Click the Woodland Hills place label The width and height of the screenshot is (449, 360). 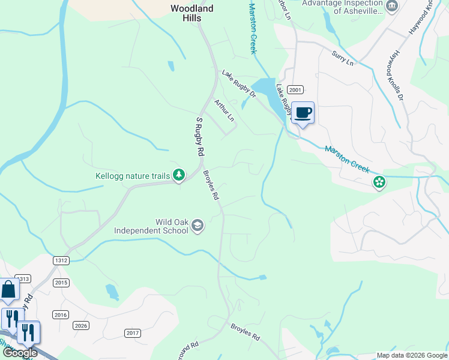pyautogui.click(x=191, y=13)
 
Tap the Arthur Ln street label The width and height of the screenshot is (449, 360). pyautogui.click(x=223, y=110)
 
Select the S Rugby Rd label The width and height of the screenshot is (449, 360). pyautogui.click(x=199, y=137)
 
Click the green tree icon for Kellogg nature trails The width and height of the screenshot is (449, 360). pyautogui.click(x=178, y=175)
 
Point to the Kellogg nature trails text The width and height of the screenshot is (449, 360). pyautogui.click(x=132, y=176)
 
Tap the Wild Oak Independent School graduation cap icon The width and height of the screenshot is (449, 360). pyautogui.click(x=197, y=226)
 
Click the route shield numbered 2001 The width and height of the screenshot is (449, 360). pyautogui.click(x=295, y=89)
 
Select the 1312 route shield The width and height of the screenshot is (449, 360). pyautogui.click(x=61, y=260)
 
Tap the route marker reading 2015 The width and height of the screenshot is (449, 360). pyautogui.click(x=61, y=282)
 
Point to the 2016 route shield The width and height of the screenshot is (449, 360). pyautogui.click(x=61, y=314)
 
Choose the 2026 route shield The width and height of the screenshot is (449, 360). pyautogui.click(x=81, y=325)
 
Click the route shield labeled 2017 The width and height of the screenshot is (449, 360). pyautogui.click(x=133, y=332)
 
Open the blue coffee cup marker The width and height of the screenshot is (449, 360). pyautogui.click(x=303, y=112)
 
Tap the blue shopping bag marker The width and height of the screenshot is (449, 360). pyautogui.click(x=9, y=290)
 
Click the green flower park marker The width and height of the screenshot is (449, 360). pyautogui.click(x=379, y=181)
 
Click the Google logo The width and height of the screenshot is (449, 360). pyautogui.click(x=20, y=353)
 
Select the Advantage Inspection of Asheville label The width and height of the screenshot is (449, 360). pyautogui.click(x=342, y=7)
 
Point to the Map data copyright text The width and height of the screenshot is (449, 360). pyautogui.click(x=411, y=355)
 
